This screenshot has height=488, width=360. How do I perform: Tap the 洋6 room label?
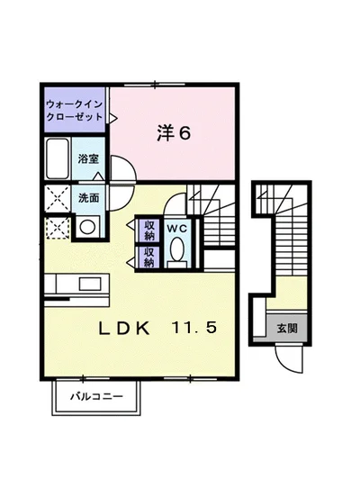coord(173,134)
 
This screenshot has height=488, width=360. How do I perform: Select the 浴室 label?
coord(87,159)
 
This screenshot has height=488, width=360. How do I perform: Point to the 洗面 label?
coord(87,196)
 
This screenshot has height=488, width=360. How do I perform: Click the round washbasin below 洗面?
coord(87,227)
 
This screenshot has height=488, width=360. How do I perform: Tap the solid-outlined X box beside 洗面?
coord(57,196)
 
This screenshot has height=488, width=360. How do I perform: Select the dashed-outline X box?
coord(57,227)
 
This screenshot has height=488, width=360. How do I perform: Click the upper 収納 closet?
coord(148,230)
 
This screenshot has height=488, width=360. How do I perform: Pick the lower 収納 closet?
coord(148,258)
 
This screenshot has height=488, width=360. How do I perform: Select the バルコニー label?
coord(96,394)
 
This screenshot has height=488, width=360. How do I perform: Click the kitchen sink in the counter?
coord(89,283)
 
